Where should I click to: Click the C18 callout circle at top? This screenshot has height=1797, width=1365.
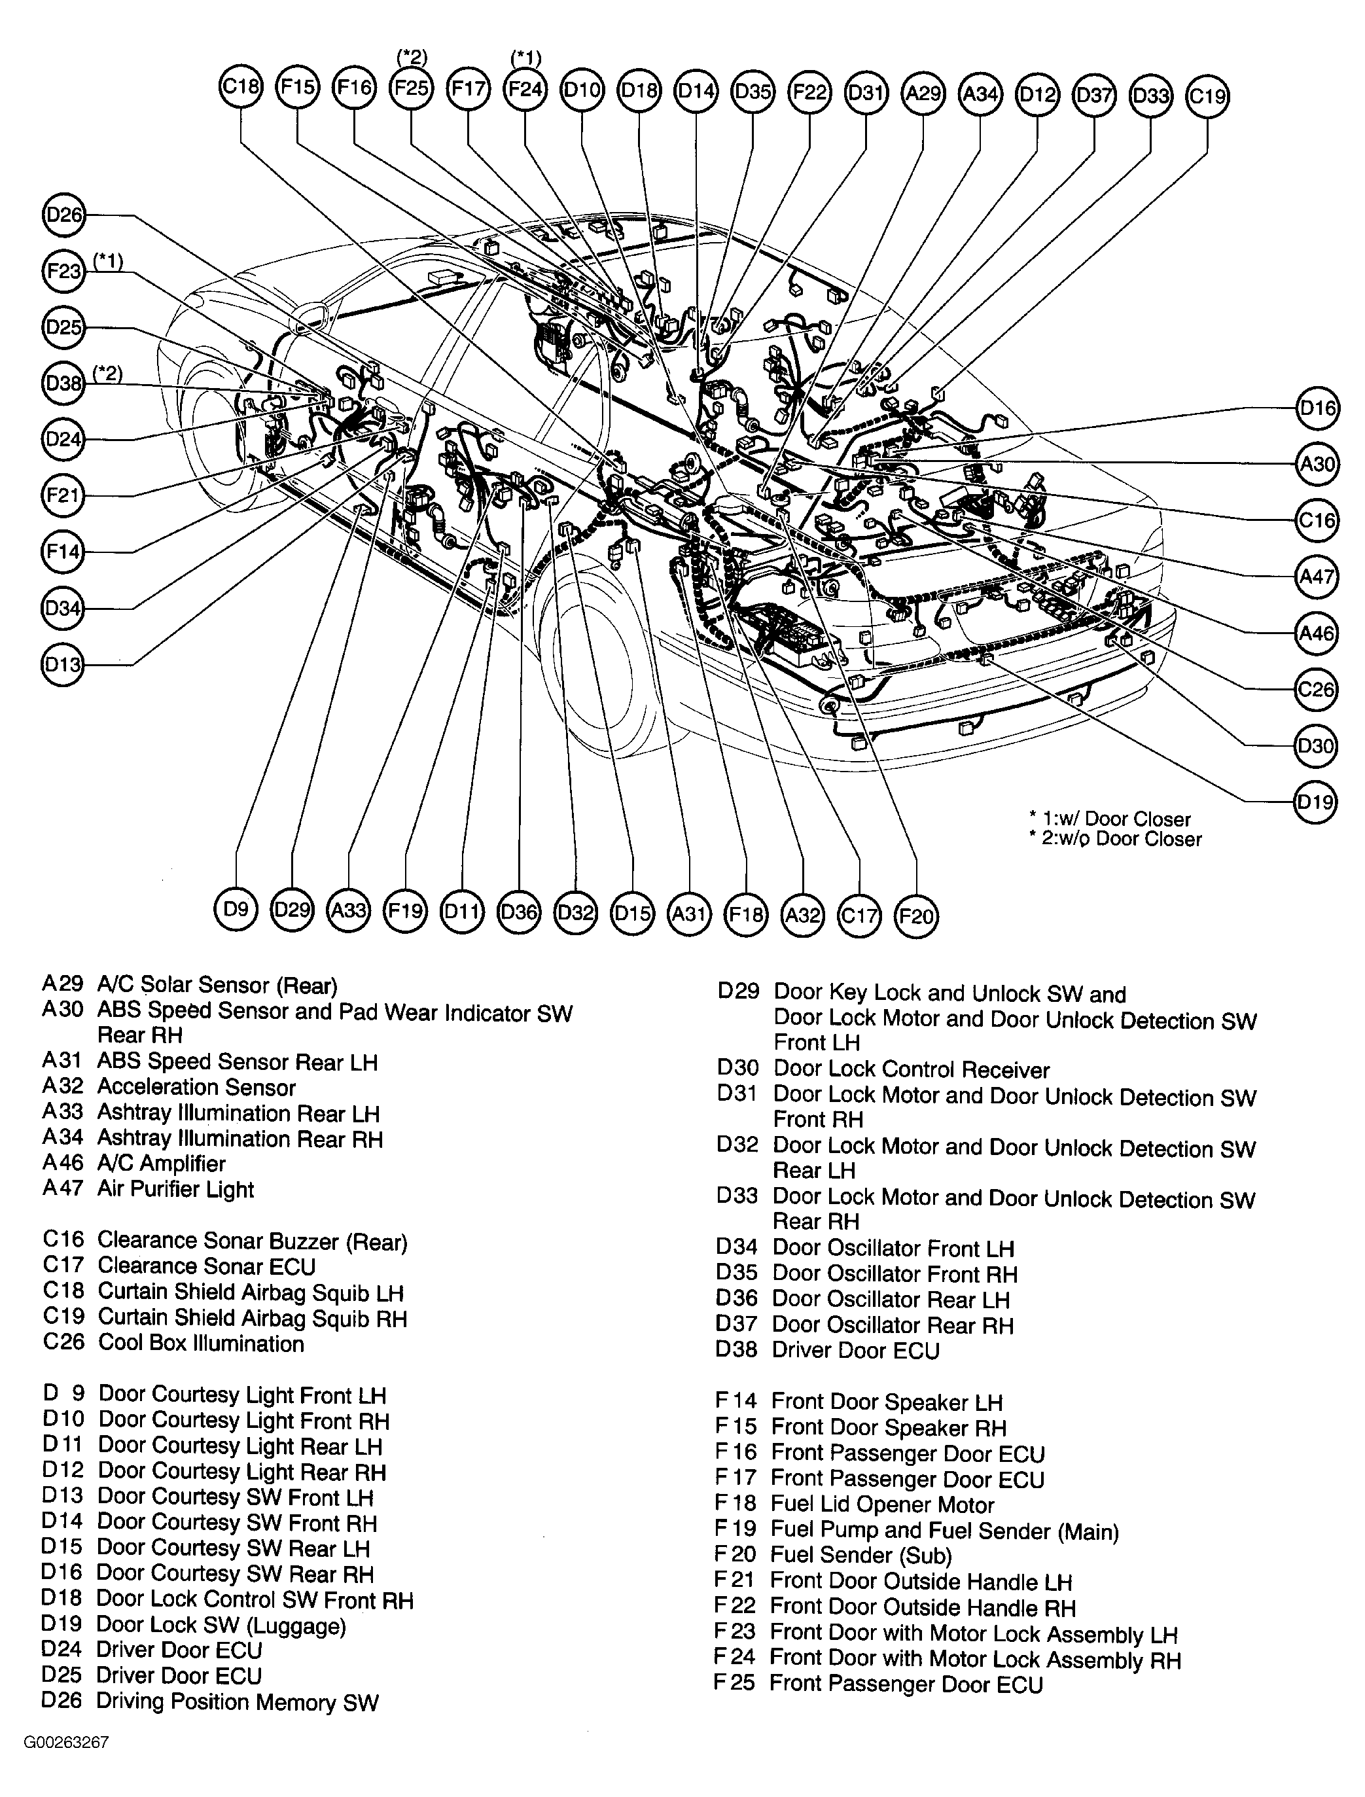(x=241, y=86)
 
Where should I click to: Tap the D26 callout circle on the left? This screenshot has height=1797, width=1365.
(x=63, y=215)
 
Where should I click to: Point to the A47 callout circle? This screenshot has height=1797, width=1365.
(x=1315, y=577)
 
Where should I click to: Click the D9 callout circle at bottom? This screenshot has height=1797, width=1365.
(x=236, y=910)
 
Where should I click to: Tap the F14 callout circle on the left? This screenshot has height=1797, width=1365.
(x=63, y=552)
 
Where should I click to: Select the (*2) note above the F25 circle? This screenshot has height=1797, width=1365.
(x=412, y=57)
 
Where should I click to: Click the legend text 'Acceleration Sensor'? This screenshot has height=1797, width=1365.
(x=196, y=1087)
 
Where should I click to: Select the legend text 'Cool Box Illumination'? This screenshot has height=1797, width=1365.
(x=201, y=1343)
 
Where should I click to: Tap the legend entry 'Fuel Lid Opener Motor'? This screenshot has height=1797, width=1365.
(x=881, y=1504)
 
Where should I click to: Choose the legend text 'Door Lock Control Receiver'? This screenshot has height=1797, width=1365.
(x=911, y=1070)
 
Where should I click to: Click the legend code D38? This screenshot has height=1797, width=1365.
(x=736, y=1349)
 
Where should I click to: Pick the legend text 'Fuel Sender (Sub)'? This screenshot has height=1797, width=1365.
(x=860, y=1555)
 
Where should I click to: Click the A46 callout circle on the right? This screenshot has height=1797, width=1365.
(x=1315, y=633)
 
